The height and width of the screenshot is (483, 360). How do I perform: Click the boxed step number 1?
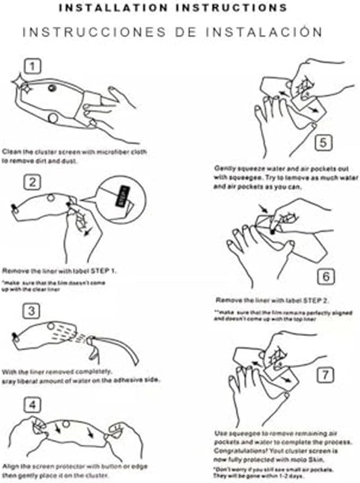click(32, 67)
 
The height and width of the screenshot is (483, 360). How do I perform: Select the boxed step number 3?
click(32, 311)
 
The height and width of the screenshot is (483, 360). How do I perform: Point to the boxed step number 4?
click(32, 405)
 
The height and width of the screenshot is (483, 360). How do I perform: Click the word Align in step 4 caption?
click(10, 466)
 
